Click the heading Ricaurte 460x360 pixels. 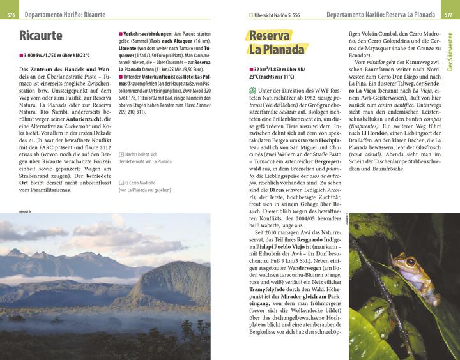coord(40,34)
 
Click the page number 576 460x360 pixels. coord(11,14)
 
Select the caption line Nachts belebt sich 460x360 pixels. coord(141,154)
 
